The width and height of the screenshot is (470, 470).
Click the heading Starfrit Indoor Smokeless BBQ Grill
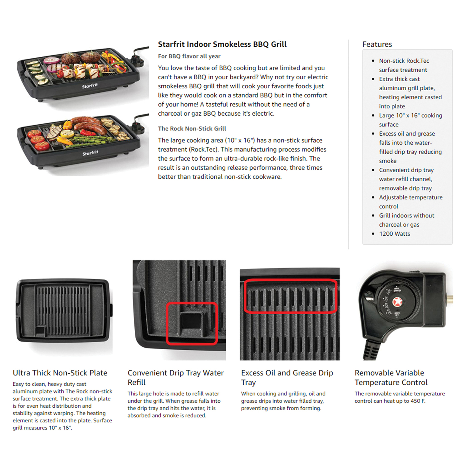(222, 44)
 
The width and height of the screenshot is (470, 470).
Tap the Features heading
(377, 44)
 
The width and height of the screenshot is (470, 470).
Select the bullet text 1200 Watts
(394, 234)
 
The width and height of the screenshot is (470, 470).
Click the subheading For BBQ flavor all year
(189, 56)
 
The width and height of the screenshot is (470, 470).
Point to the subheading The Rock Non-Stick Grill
(192, 128)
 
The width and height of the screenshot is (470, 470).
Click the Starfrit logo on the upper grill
(90, 86)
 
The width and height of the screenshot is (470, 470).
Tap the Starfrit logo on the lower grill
(90, 153)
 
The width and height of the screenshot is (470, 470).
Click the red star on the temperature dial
(398, 302)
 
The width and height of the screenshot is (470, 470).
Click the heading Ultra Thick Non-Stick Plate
(60, 373)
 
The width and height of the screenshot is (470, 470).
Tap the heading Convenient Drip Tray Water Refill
(175, 378)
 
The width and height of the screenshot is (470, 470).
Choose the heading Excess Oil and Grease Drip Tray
(287, 378)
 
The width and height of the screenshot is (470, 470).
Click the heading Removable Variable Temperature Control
(391, 378)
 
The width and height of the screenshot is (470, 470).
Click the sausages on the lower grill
(89, 125)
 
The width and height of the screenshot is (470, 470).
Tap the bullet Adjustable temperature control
(411, 202)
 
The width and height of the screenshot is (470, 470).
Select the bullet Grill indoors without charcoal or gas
(407, 220)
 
